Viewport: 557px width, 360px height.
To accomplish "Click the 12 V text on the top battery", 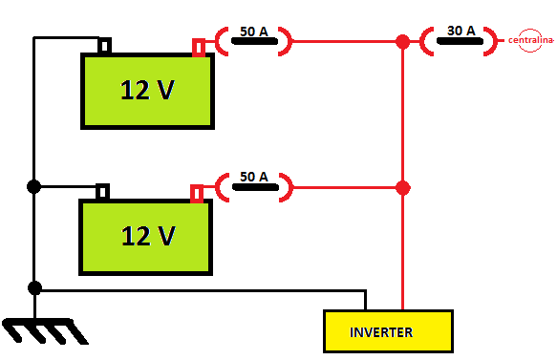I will (147, 90).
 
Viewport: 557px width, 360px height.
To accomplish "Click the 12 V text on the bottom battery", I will (147, 235).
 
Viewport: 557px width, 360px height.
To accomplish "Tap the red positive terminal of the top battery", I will (199, 47).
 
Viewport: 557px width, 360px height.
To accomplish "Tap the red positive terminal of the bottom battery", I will (197, 193).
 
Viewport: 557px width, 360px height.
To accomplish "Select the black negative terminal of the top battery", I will (105, 46).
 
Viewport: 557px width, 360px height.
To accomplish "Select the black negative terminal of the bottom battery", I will (103, 192).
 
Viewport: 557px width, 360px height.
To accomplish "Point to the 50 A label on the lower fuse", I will (253, 178).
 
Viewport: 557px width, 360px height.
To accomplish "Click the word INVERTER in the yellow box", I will (381, 332).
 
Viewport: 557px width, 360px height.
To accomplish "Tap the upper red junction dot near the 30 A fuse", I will (402, 42).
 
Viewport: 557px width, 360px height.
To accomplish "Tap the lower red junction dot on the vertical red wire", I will (402, 187).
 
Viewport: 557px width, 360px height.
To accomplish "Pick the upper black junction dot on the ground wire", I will (34, 187).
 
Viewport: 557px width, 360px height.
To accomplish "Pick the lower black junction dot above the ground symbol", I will (34, 287).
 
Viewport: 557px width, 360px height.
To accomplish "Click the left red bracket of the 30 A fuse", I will (430, 41).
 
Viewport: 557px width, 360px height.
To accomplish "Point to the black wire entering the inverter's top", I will (366, 301).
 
